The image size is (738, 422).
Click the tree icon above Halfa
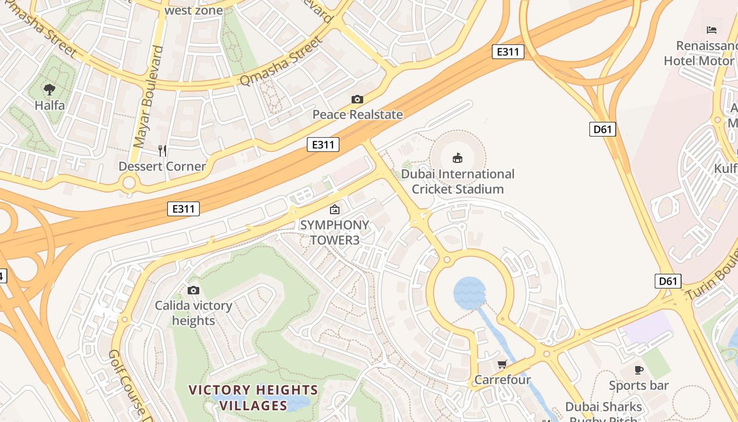50,90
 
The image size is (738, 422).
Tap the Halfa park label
50,105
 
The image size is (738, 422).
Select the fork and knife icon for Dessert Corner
162,151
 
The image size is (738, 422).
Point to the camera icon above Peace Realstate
357,99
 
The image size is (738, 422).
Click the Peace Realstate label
357,114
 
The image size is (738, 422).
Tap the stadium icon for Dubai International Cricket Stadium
457,158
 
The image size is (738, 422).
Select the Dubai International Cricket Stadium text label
458,181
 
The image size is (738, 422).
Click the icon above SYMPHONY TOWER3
334,209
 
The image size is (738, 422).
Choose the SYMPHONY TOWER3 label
334,233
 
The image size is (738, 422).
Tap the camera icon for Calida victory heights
193,290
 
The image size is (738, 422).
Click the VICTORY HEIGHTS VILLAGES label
253,398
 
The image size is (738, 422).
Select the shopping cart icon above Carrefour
502,365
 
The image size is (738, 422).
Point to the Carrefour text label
502,380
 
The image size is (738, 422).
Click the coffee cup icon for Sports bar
639,370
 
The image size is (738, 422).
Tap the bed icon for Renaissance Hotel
712,30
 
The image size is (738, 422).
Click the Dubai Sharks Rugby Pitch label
604,412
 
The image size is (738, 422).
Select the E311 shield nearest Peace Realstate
323,145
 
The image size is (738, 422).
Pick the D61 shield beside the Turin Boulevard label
668,281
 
